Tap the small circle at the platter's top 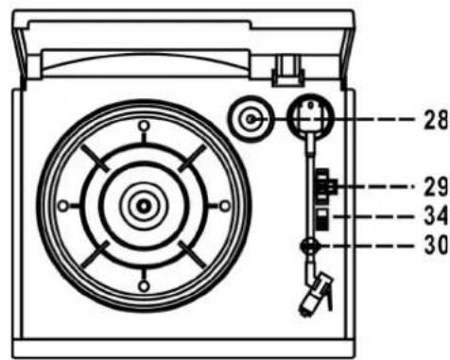pyautogui.click(x=143, y=125)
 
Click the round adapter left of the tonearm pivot pyautogui.click(x=251, y=120)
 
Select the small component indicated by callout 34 pyautogui.click(x=321, y=219)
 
